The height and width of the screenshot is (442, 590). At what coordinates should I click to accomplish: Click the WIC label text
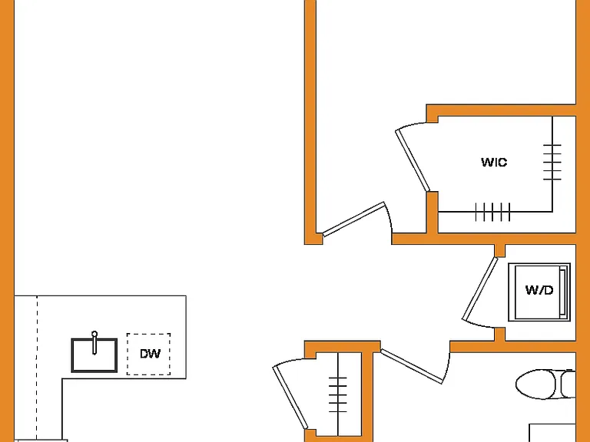click(x=494, y=163)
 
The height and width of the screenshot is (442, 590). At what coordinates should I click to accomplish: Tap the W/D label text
click(x=539, y=290)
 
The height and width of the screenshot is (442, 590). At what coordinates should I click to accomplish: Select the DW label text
click(x=150, y=354)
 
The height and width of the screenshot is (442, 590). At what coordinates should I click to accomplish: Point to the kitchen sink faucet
click(x=94, y=343)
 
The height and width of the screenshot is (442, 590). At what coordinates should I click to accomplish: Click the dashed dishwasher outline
click(x=148, y=354)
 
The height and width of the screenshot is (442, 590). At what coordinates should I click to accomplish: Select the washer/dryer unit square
click(x=539, y=292)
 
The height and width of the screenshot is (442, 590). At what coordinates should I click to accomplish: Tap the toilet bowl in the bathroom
click(x=538, y=384)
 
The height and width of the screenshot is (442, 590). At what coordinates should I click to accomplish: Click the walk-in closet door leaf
click(x=413, y=160)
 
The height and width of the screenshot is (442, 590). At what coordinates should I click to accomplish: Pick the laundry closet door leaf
click(x=480, y=289)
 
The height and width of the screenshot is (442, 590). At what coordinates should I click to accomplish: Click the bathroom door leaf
click(x=412, y=367)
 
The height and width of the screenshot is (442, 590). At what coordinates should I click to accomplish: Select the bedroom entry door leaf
click(x=353, y=219)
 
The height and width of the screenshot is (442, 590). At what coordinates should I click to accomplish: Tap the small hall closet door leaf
click(x=290, y=397)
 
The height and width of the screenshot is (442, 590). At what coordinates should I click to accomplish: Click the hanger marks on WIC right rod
click(x=552, y=162)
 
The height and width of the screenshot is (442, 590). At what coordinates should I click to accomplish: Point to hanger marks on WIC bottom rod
click(x=493, y=212)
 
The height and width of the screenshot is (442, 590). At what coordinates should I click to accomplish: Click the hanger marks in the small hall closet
click(x=338, y=394)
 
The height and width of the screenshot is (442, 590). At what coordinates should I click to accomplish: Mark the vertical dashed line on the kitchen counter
click(x=37, y=368)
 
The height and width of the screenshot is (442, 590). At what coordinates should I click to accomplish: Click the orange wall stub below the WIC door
click(x=433, y=213)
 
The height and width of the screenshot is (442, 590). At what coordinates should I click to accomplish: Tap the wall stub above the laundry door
click(x=499, y=250)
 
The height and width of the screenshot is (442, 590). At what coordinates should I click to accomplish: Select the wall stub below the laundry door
click(x=499, y=334)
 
